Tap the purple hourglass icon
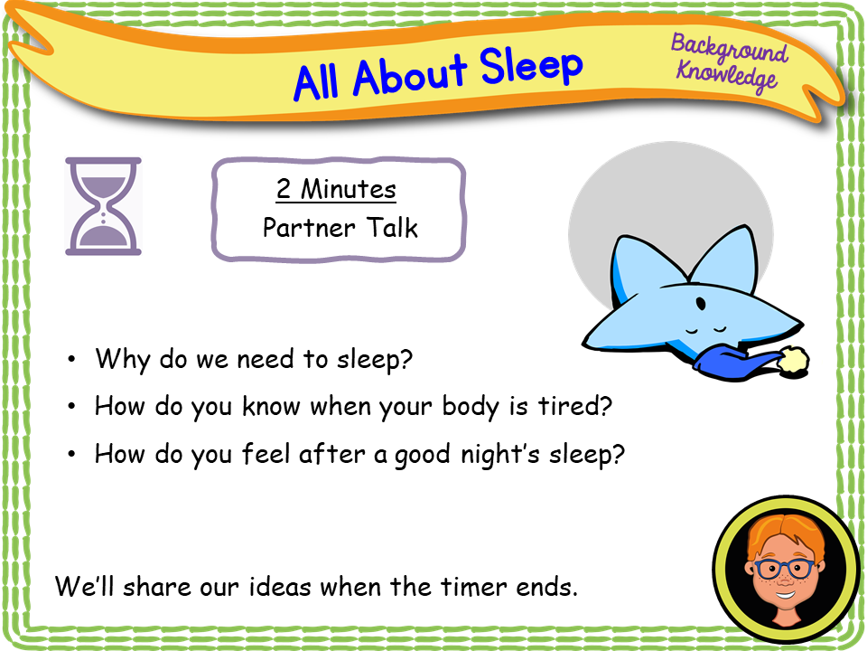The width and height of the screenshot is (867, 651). click(103, 205)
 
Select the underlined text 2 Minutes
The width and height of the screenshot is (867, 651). click(336, 190)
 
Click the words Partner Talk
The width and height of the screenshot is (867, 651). click(340, 227)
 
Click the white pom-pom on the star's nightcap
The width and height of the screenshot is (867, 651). click(794, 360)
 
